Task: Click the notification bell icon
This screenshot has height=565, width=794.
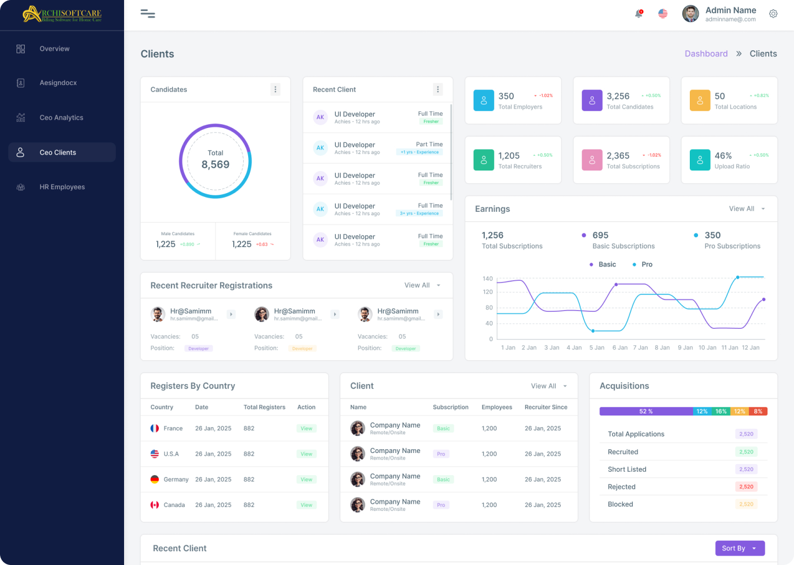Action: pyautogui.click(x=639, y=14)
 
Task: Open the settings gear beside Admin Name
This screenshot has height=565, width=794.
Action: pyautogui.click(x=773, y=14)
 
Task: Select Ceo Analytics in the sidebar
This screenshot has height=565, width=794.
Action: pyautogui.click(x=61, y=118)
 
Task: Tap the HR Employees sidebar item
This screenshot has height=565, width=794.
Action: pyautogui.click(x=62, y=187)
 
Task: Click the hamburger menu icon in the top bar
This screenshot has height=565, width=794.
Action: pyautogui.click(x=148, y=14)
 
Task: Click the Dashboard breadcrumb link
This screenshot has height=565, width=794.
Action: pyautogui.click(x=706, y=54)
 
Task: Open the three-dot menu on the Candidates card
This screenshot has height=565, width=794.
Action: pyautogui.click(x=275, y=89)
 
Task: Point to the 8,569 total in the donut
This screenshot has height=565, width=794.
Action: pyautogui.click(x=216, y=164)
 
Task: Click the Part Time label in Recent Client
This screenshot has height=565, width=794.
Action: pyautogui.click(x=429, y=144)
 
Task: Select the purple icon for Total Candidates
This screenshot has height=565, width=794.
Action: pyautogui.click(x=592, y=100)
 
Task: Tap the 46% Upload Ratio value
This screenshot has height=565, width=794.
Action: pyautogui.click(x=723, y=156)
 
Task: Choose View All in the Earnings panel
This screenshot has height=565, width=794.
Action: pyautogui.click(x=742, y=209)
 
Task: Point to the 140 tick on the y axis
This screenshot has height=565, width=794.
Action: pyautogui.click(x=487, y=279)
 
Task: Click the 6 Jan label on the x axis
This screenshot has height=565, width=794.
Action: pyautogui.click(x=620, y=348)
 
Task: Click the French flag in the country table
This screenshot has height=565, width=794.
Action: pyautogui.click(x=155, y=428)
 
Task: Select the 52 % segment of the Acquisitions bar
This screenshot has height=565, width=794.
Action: pyautogui.click(x=646, y=411)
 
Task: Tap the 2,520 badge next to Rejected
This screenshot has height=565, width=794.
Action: pyautogui.click(x=746, y=487)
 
